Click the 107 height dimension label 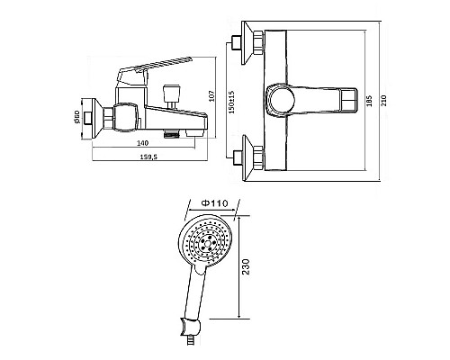[x=212, y=96]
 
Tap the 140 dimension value [x=142, y=143]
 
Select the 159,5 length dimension [x=148, y=157]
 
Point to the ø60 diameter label [x=76, y=117]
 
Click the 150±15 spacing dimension [x=231, y=102]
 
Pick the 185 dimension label [x=369, y=101]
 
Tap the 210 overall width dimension [x=384, y=101]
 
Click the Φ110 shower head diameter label [x=214, y=203]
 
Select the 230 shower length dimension [x=246, y=266]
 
